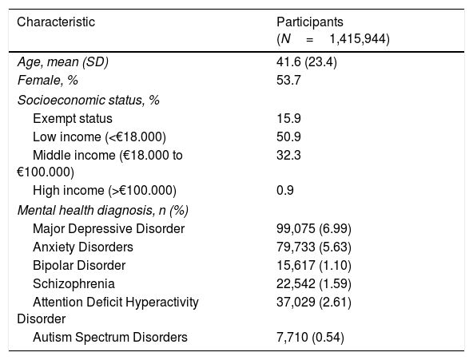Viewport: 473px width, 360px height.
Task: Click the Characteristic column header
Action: click(x=56, y=22)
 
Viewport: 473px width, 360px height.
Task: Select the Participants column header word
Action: click(x=310, y=22)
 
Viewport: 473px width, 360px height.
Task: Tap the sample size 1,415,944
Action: click(x=360, y=39)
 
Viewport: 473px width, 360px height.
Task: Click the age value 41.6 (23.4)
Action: click(x=307, y=62)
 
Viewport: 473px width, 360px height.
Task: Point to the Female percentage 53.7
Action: click(x=288, y=81)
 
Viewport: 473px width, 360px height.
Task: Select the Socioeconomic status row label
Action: click(x=89, y=100)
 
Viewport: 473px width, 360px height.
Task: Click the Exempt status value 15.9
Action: click(x=288, y=118)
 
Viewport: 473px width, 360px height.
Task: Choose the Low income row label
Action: click(x=99, y=137)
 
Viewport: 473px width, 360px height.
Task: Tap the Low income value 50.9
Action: click(x=288, y=137)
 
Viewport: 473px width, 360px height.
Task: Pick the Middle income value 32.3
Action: click(x=288, y=156)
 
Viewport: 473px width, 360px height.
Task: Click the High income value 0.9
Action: click(x=285, y=191)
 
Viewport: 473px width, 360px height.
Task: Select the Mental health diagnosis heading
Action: click(x=103, y=210)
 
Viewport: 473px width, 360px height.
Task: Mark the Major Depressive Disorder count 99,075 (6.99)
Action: click(x=314, y=229)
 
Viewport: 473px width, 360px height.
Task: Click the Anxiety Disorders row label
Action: click(x=83, y=247)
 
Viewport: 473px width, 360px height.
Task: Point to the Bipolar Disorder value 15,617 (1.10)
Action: click(x=314, y=266)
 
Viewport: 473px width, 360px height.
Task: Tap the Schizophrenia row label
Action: click(x=74, y=284)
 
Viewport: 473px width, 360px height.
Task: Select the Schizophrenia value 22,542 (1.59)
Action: click(x=314, y=284)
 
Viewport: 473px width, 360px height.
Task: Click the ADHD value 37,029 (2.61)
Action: click(x=314, y=303)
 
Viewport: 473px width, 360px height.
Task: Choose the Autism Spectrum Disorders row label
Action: click(x=110, y=337)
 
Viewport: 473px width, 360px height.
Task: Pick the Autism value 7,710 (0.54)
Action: click(x=310, y=338)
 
